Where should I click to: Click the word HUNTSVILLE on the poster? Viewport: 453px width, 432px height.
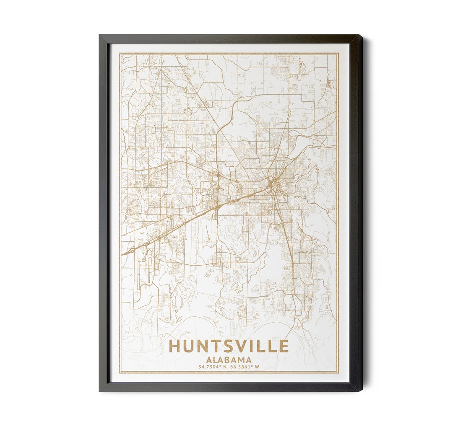(x=229, y=346)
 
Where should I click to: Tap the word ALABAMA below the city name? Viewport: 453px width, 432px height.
(x=229, y=360)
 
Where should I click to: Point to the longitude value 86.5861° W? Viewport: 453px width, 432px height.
(x=244, y=367)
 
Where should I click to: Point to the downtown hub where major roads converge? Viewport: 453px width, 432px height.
(x=273, y=183)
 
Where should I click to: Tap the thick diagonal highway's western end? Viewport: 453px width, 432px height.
(x=123, y=254)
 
